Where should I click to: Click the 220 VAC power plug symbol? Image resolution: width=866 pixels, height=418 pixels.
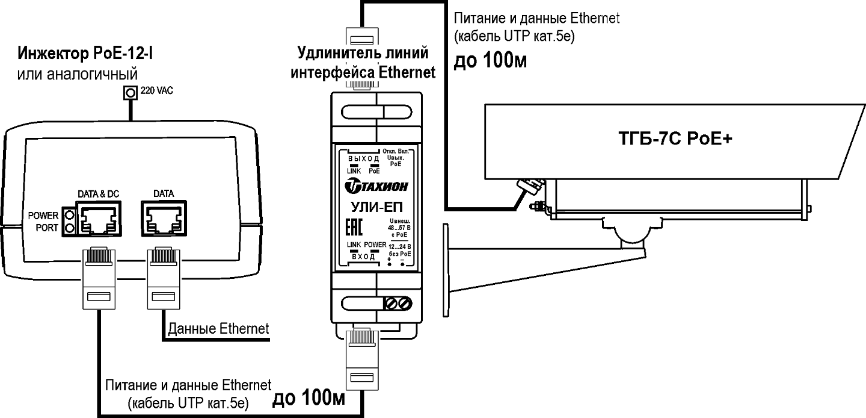(129, 93)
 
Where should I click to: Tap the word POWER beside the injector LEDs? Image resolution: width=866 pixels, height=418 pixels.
(43, 216)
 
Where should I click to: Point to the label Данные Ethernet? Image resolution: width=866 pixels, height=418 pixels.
(218, 329)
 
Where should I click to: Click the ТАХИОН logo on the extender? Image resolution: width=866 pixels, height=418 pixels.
(376, 187)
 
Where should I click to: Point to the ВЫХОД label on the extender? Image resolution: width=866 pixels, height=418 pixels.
(363, 158)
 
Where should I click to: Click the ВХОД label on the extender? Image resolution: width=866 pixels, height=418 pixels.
(363, 257)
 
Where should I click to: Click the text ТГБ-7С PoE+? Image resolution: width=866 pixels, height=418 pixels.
(668, 139)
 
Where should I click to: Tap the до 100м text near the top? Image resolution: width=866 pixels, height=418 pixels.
(490, 62)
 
